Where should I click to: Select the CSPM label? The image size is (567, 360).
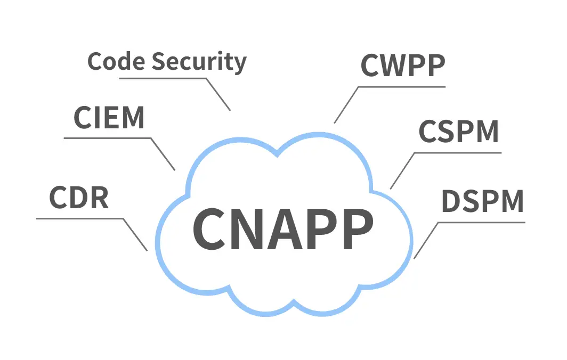coord(458,132)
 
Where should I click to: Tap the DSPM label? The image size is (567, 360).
coord(483,201)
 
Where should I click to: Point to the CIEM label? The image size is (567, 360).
coord(109,118)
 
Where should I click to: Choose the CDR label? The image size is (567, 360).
coord(79,198)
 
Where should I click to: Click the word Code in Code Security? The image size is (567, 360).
coord(117,62)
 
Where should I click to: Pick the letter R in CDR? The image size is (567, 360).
coord(99,198)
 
